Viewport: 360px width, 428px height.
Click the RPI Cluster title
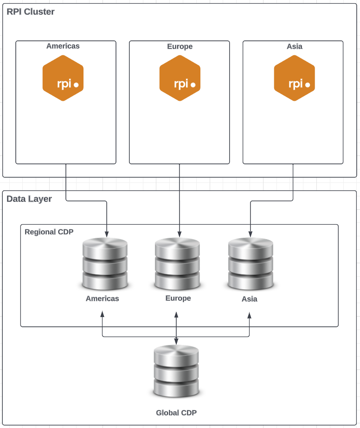pyautogui.click(x=31, y=12)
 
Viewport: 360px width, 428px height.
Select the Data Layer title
pyautogui.click(x=29, y=199)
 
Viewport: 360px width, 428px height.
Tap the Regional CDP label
pyautogui.click(x=49, y=232)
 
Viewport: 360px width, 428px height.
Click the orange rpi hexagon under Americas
pyautogui.click(x=63, y=78)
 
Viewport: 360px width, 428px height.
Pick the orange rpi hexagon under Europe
pyautogui.click(x=180, y=78)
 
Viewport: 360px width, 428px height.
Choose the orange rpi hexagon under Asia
pyautogui.click(x=295, y=78)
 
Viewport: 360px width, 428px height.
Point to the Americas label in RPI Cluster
pyautogui.click(x=63, y=46)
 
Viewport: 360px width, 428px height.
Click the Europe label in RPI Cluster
pyautogui.click(x=180, y=46)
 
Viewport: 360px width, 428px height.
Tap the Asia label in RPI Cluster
pyautogui.click(x=295, y=46)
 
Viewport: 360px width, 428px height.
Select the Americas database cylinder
pyautogui.click(x=105, y=264)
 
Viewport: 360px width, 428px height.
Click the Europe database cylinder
pyautogui.click(x=178, y=264)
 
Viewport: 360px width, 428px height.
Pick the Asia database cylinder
pyautogui.click(x=251, y=264)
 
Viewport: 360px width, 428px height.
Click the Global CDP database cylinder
pyautogui.click(x=176, y=371)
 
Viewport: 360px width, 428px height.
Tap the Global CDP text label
pyautogui.click(x=176, y=413)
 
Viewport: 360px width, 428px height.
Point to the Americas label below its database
pyautogui.click(x=102, y=298)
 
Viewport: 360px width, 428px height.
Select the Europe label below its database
pyautogui.click(x=178, y=298)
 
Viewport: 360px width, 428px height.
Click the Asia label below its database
pyautogui.click(x=249, y=299)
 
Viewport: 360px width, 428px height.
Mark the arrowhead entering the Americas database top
pyautogui.click(x=107, y=233)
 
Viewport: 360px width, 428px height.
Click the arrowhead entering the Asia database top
pyautogui.click(x=251, y=233)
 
